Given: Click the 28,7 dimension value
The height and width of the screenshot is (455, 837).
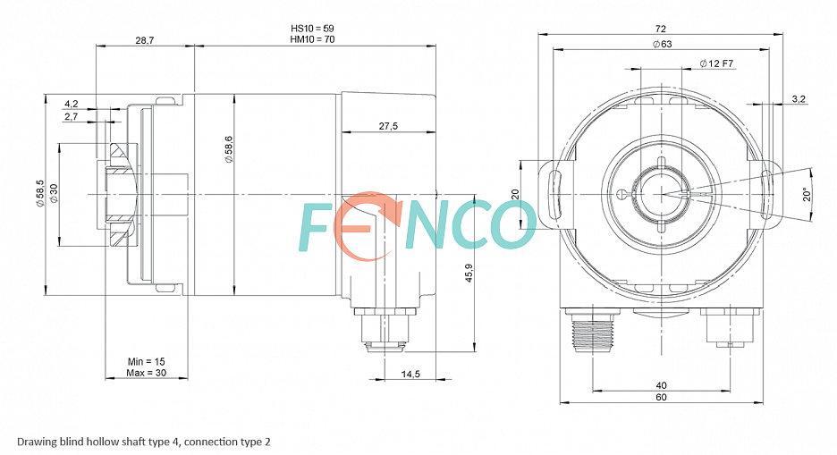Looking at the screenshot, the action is (144, 40).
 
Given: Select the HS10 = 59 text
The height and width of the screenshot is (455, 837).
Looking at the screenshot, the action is (312, 29).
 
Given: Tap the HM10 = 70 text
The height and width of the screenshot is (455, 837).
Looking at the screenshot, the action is (312, 39).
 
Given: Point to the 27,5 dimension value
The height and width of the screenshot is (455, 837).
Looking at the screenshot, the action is (388, 126).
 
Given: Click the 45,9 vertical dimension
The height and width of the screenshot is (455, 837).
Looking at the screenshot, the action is (469, 273).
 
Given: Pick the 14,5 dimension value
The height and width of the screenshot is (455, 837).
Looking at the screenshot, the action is (410, 375).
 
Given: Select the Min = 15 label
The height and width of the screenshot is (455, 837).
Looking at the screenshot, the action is (147, 362).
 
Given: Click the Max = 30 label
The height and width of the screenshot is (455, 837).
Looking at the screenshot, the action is (147, 373).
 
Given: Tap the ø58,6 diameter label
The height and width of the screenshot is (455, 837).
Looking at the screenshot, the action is (228, 148).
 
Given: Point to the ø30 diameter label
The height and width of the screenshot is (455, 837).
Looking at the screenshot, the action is (53, 193).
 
